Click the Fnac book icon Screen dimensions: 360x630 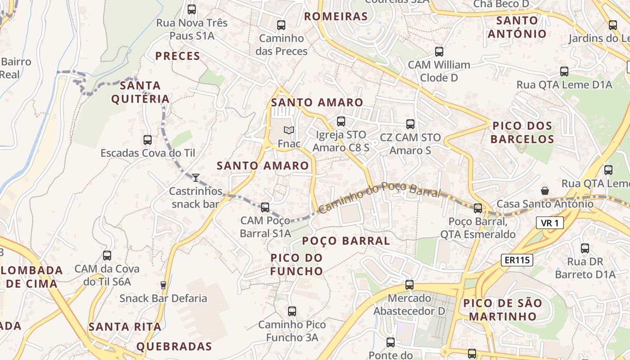click(x=289, y=130)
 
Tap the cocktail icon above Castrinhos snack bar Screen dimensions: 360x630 click(x=196, y=178)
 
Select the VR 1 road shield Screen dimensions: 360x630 click(x=550, y=223)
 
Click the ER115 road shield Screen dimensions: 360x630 click(x=517, y=260)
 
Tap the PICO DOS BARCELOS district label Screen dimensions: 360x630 click(x=522, y=132)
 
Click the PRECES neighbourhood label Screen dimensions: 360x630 click(x=178, y=56)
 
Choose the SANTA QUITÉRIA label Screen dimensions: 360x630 click(x=140, y=92)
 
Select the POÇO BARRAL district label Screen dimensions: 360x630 click(x=346, y=241)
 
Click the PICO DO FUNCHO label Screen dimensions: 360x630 click(x=297, y=264)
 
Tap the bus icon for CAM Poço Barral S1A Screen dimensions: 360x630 click(x=265, y=207)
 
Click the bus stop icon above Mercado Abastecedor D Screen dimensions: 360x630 click(x=409, y=284)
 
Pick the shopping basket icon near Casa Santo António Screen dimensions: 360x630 click(x=545, y=191)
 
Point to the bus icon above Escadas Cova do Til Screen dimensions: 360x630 click(x=148, y=140)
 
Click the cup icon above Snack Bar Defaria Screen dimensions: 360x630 click(x=163, y=285)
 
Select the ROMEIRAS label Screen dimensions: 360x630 click(x=336, y=17)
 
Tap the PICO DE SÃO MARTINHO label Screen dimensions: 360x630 click(x=503, y=309)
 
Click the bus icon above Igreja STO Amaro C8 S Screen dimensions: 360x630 click(x=341, y=121)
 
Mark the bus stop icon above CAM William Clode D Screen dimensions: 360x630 click(x=439, y=52)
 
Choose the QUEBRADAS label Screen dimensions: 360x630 click(x=174, y=346)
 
